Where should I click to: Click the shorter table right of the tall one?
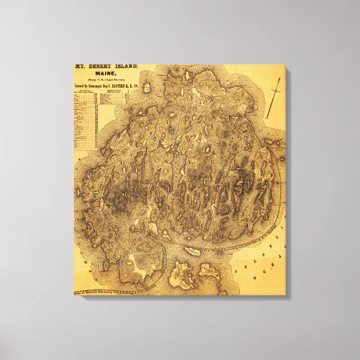coord(105,100)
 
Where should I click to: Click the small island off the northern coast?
coord(146,88)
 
